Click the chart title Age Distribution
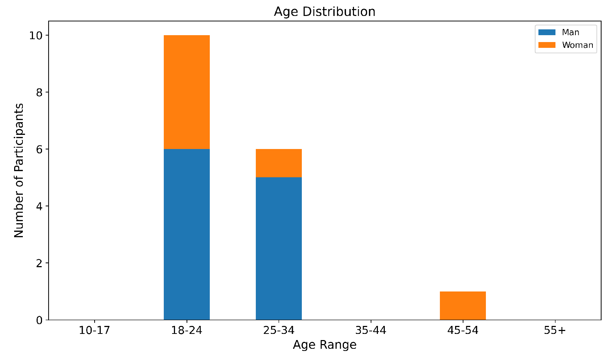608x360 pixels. click(324, 12)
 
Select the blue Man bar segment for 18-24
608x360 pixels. click(187, 234)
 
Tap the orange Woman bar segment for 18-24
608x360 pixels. click(187, 92)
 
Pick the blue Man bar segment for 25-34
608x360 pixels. click(279, 248)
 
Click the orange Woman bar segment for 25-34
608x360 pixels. click(279, 163)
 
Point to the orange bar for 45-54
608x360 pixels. click(463, 306)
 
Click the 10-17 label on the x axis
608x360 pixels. click(94, 331)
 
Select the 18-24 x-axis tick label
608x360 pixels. click(187, 331)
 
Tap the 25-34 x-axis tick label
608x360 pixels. click(279, 331)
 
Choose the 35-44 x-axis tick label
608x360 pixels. click(371, 331)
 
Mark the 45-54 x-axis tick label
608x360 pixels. click(463, 331)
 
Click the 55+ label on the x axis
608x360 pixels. click(555, 331)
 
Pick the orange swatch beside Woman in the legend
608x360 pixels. click(547, 45)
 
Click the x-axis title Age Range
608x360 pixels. click(324, 345)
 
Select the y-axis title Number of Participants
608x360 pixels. click(19, 170)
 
